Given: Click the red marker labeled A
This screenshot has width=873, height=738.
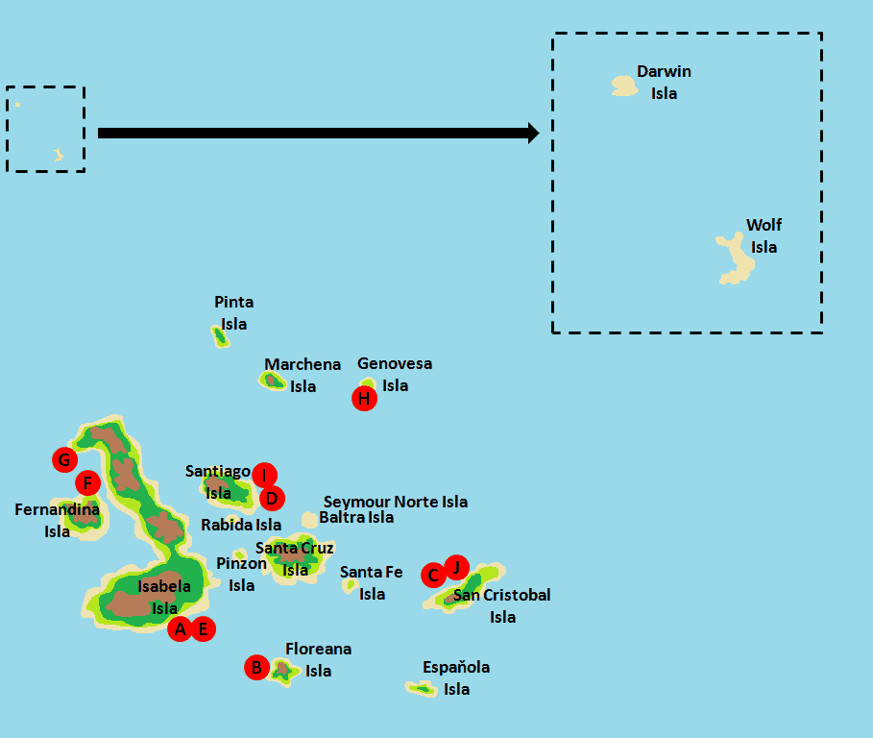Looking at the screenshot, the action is pos(180,629).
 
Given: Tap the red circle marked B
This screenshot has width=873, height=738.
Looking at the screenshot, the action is pos(256,667).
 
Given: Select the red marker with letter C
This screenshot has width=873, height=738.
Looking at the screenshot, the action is pos(433,576).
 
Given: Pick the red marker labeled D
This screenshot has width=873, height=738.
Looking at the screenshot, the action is pos(272,498).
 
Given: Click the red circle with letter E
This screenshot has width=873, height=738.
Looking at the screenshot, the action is pos(203,629).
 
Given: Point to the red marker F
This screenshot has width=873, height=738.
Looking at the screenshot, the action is pos(87,482).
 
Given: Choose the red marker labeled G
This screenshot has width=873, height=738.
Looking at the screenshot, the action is pos(64,459).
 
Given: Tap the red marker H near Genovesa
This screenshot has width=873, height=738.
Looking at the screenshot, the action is pos(364,398).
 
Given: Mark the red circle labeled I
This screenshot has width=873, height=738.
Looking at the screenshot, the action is pos(264,475).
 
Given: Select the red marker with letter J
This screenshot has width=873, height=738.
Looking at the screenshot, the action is pos(456,567).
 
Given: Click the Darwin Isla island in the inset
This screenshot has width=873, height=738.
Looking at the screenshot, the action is pos(624,86).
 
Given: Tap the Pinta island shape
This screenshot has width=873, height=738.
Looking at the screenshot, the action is pos(220,335).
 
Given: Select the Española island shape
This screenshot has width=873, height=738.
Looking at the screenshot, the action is pos(421,688).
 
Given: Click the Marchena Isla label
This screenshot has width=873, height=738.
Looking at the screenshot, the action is pos(303,376).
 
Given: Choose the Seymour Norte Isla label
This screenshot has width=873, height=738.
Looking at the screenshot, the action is pos(396,502).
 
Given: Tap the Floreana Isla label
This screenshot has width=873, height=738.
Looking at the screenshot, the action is pos(318,660).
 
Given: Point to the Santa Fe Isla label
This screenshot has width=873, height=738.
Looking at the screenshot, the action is pos(372,583).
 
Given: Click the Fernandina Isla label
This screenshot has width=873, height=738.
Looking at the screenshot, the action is pos(57,520).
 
